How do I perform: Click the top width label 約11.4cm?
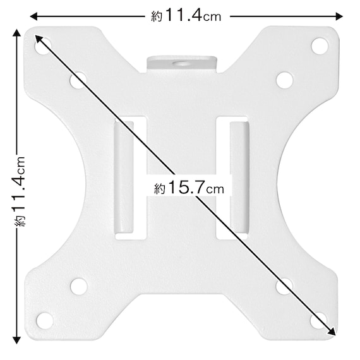[186, 15]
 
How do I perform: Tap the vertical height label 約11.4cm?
[20, 191]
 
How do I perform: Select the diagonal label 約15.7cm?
[189, 188]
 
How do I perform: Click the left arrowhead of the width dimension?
[33, 16]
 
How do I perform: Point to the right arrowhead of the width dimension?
[339, 16]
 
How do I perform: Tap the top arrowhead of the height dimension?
[16, 33]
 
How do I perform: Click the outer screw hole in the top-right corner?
[320, 46]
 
